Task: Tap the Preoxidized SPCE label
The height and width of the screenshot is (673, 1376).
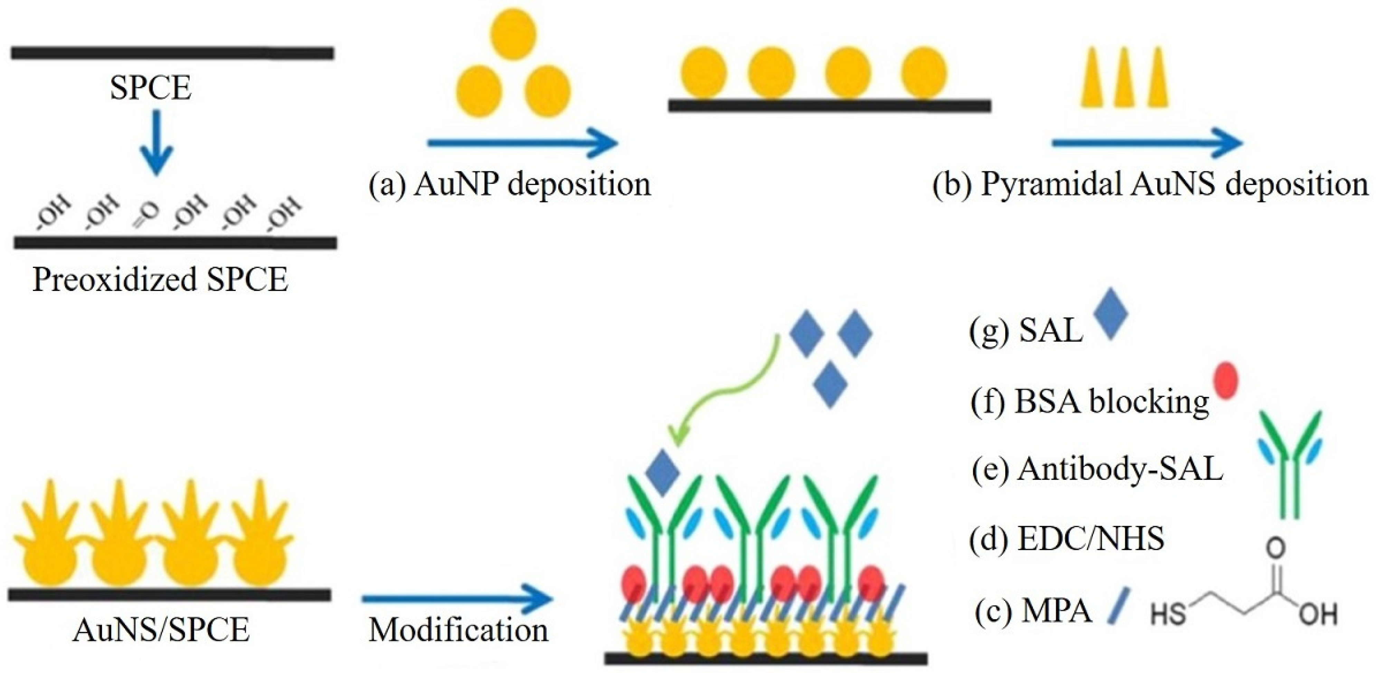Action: (x=160, y=279)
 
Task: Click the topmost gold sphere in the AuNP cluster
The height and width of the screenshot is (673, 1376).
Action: (x=513, y=33)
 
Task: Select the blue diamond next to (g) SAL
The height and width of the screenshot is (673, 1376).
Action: (x=1111, y=321)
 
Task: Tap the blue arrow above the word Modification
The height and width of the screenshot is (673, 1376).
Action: (x=457, y=598)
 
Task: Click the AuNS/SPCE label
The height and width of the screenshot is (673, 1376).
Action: (x=161, y=630)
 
